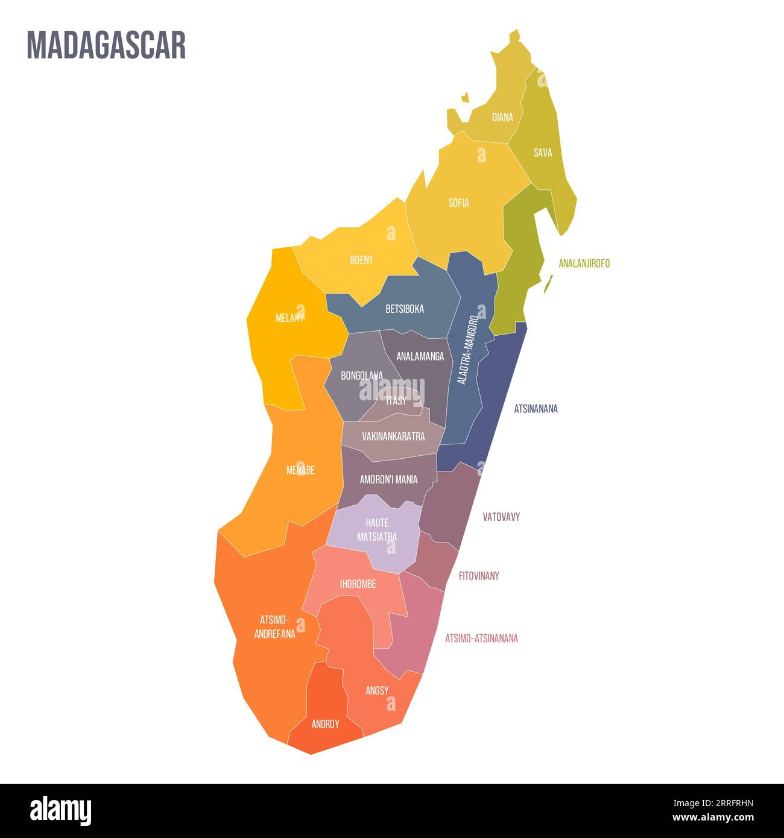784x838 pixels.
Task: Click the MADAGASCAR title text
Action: [x=106, y=45]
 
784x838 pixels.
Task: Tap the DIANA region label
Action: [x=502, y=118]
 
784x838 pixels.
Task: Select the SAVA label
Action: [x=542, y=153]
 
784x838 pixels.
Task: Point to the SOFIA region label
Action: [x=458, y=203]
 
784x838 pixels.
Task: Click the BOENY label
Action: [x=361, y=260]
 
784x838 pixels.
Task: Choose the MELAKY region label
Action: [x=289, y=318]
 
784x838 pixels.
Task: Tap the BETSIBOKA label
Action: [x=405, y=309]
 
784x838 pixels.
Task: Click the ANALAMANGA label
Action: [x=420, y=356]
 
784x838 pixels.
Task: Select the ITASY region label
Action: [x=396, y=401]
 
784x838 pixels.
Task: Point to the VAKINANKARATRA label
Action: [x=393, y=436]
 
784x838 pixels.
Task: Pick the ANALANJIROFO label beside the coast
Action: [x=584, y=263]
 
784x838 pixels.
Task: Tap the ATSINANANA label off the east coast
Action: [x=536, y=409]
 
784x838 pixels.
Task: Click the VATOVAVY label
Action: [x=501, y=517]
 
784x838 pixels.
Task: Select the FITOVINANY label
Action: [x=479, y=576]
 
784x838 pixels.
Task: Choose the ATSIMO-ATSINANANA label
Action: [x=481, y=638]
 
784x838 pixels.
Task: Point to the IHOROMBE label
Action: [x=358, y=584]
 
